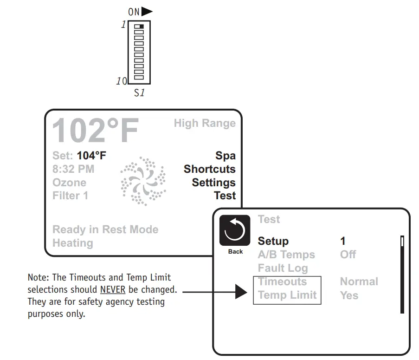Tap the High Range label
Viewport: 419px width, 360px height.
coord(205,123)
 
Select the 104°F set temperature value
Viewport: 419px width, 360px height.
coord(91,156)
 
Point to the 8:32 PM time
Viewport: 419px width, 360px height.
coord(73,169)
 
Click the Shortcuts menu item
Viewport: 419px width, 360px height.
coord(209,169)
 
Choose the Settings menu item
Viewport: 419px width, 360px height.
coord(213,183)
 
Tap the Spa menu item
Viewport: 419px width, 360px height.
coord(225,156)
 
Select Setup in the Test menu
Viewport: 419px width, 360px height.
coord(273,241)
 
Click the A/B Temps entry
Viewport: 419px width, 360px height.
coord(286,255)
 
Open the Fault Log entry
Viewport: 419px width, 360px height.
coord(283,268)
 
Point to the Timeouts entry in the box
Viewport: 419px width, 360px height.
coord(282,281)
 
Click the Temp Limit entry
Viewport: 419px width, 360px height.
coord(287,295)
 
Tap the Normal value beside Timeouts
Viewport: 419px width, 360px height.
coord(359,281)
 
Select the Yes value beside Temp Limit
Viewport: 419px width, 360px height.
coord(349,295)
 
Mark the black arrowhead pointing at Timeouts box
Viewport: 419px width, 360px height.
coord(241,292)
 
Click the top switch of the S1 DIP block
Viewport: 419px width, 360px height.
coord(139,27)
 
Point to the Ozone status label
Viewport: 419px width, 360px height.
coord(69,183)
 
